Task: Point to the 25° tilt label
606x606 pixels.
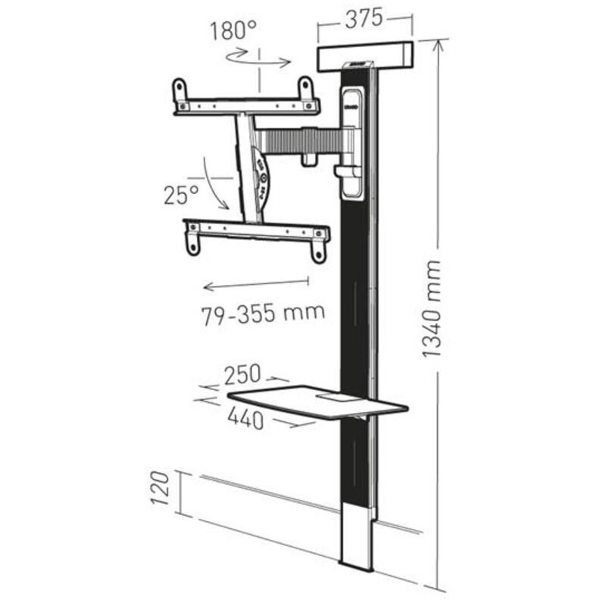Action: tap(181, 195)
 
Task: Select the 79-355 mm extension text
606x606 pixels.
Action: tap(264, 311)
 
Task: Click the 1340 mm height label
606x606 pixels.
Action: tap(432, 309)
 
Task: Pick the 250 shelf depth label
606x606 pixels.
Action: tap(242, 374)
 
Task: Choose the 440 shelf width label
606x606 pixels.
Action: tap(246, 419)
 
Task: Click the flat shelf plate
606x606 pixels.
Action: tap(318, 405)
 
